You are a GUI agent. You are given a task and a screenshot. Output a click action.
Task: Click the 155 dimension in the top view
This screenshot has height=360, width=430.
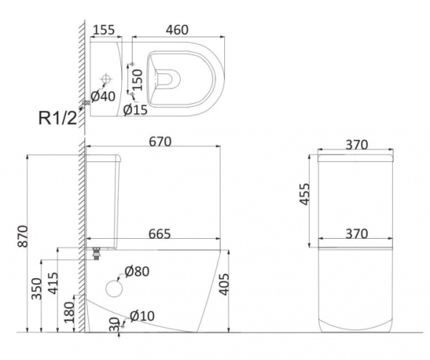tap(104, 30)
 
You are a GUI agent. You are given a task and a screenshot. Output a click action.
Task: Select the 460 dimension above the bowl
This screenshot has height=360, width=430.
tap(177, 30)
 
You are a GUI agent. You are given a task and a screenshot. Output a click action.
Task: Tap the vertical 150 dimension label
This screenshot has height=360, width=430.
tap(138, 80)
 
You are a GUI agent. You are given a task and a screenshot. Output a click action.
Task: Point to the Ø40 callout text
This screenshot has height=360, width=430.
tap(103, 96)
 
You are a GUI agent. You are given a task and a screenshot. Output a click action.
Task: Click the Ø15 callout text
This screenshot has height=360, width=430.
tap(135, 110)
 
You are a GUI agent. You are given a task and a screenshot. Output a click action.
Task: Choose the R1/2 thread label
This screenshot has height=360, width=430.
tap(58, 118)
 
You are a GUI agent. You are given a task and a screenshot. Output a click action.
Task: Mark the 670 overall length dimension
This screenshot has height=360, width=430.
tap(160, 142)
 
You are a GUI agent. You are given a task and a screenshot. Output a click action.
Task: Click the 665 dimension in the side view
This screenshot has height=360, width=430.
tap(160, 234)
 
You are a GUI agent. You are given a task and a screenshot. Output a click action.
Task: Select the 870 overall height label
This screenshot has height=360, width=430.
tap(23, 236)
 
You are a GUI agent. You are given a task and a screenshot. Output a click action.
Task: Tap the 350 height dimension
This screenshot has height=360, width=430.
tap(37, 289)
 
